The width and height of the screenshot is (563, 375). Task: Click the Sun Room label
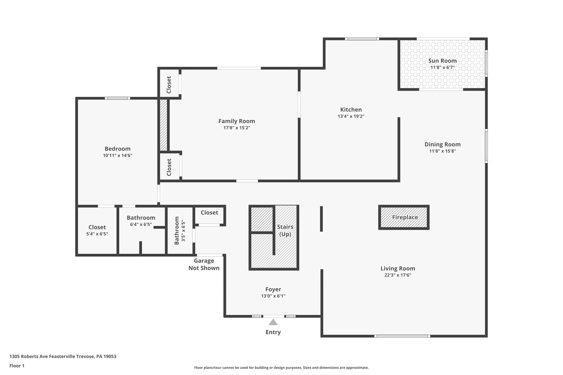442,61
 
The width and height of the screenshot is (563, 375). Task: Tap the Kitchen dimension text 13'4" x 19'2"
351,116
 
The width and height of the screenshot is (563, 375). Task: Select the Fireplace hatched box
404,217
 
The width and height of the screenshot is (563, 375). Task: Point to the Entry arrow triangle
273,322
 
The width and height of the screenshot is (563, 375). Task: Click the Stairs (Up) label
285,230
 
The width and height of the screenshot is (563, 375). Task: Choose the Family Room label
236,121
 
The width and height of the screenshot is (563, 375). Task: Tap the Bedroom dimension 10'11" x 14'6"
117,155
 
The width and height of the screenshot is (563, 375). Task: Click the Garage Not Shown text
204,264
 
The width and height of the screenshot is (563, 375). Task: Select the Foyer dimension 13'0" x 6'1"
273,296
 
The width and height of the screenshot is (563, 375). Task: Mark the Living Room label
398,268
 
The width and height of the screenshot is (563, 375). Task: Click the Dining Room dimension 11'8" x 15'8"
442,151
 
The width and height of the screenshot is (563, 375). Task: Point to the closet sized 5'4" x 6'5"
97,230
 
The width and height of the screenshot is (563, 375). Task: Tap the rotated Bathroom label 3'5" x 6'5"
180,230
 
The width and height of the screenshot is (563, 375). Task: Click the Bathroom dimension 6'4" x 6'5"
141,224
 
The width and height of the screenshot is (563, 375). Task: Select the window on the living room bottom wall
402,336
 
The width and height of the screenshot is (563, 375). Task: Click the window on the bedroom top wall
117,98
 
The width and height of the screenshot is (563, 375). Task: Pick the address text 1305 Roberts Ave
63,356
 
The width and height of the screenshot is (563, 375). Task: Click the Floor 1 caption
17,366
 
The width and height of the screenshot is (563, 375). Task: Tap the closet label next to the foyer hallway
209,213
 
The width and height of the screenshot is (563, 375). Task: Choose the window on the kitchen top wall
362,39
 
